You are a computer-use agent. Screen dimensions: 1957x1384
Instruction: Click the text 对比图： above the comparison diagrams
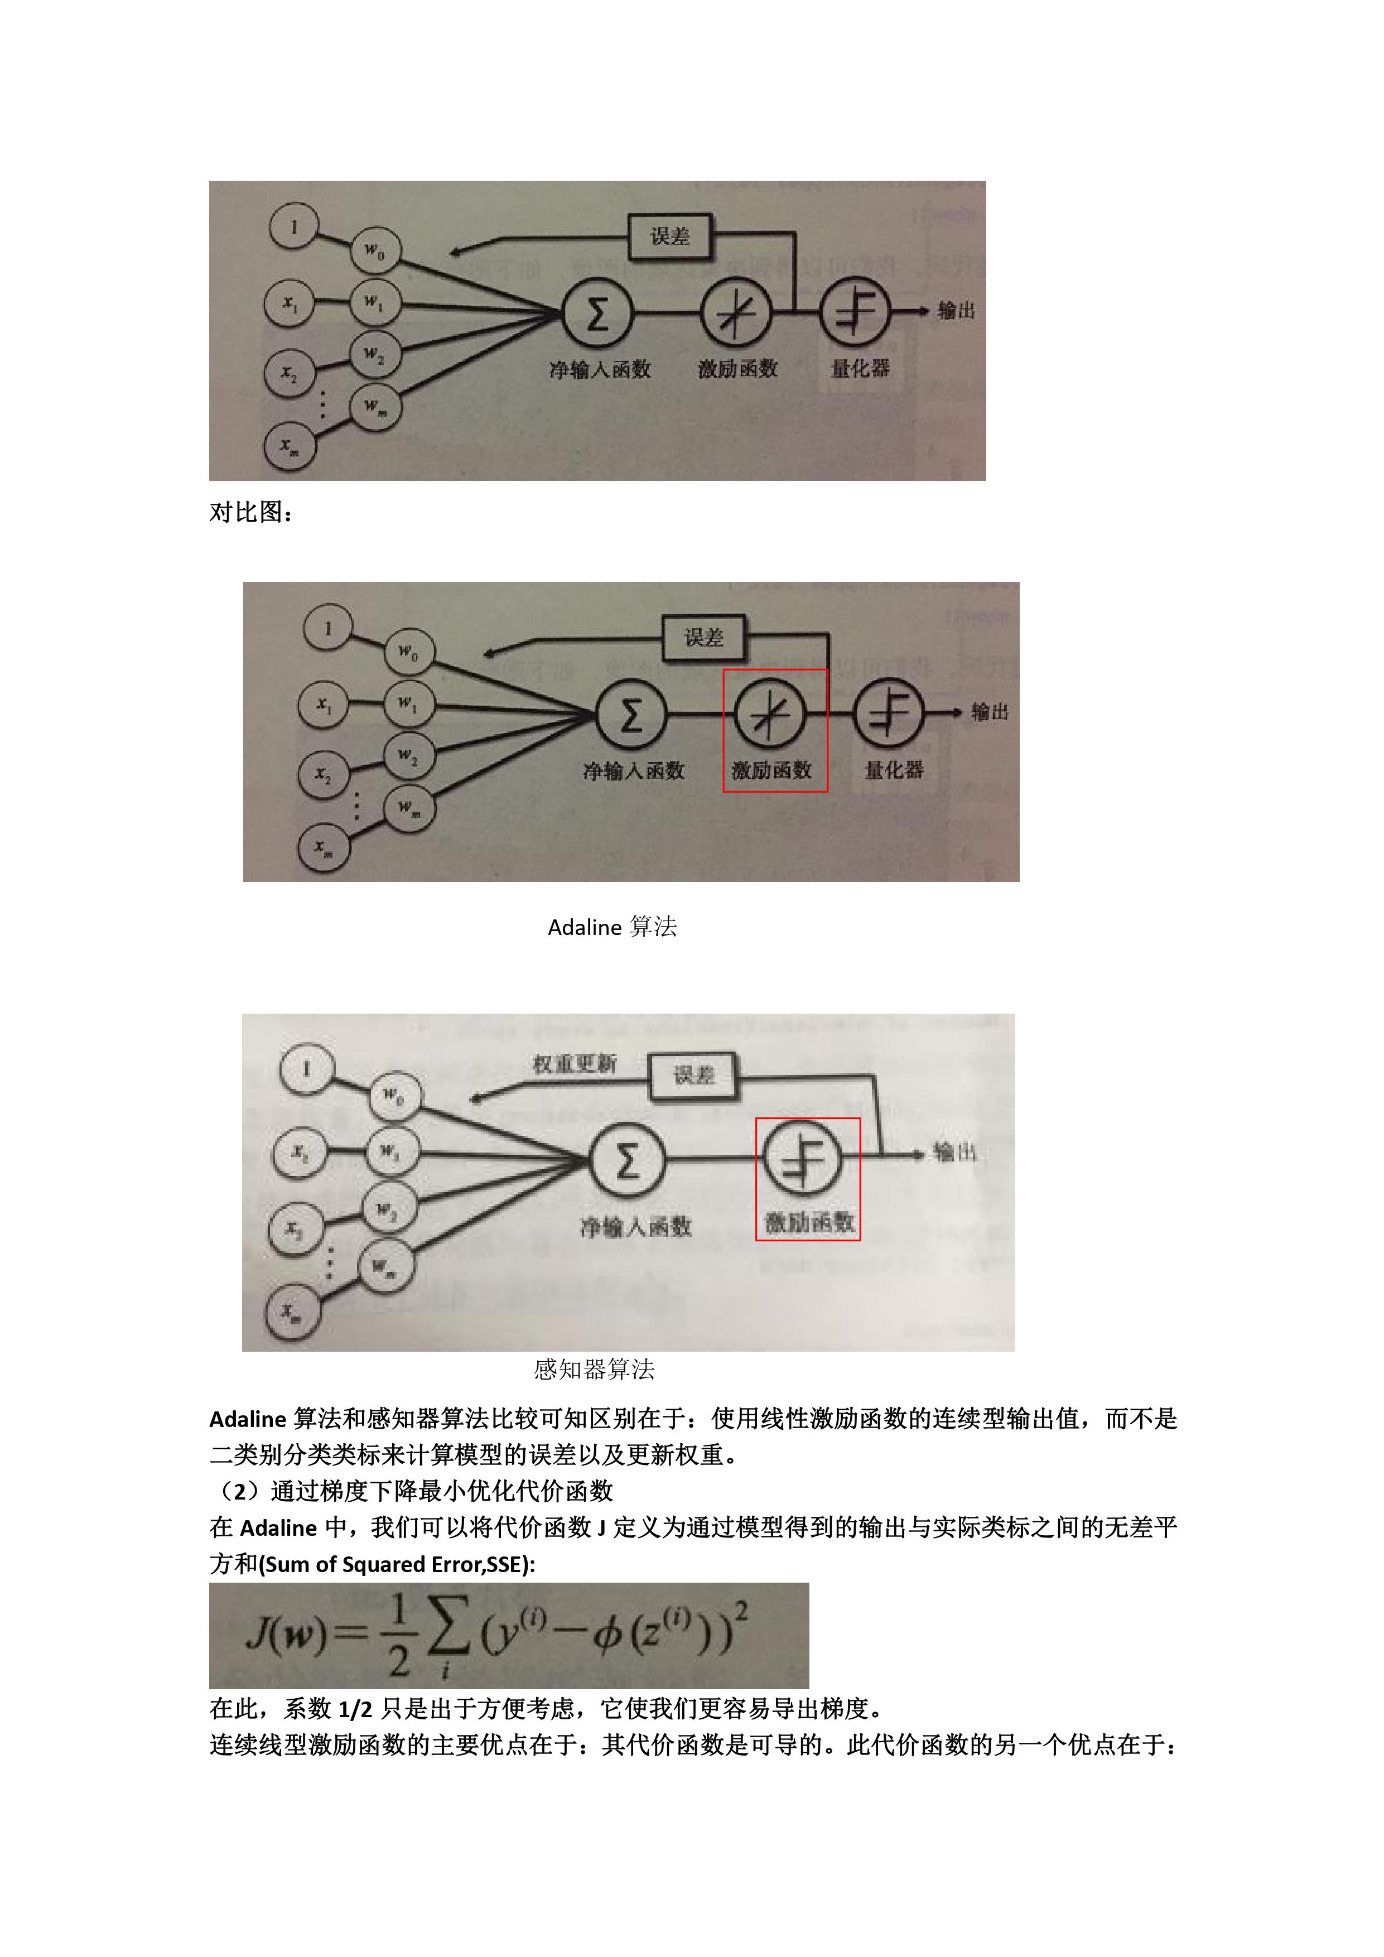pyautogui.click(x=252, y=512)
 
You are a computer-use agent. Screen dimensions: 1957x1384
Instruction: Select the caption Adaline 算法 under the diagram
pyautogui.click(x=612, y=927)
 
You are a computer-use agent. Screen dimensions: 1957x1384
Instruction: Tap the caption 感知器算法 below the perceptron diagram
pyautogui.click(x=594, y=1370)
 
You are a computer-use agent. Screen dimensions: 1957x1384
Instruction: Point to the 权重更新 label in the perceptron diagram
pyautogui.click(x=573, y=1064)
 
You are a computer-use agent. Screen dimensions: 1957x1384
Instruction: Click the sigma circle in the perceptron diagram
pyautogui.click(x=626, y=1161)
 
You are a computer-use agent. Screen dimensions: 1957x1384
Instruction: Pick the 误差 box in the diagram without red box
pyautogui.click(x=670, y=236)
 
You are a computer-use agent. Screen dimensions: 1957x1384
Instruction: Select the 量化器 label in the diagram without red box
pyautogui.click(x=860, y=368)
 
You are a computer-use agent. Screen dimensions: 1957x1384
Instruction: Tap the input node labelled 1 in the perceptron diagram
pyautogui.click(x=306, y=1069)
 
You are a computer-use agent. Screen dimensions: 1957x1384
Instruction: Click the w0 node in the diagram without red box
pyautogui.click(x=375, y=252)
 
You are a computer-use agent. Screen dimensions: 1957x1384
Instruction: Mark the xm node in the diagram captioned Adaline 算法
pyautogui.click(x=323, y=847)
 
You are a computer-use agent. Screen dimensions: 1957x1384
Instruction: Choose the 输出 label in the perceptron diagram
pyautogui.click(x=954, y=1153)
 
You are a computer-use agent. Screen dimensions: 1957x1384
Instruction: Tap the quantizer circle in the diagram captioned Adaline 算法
pyautogui.click(x=889, y=712)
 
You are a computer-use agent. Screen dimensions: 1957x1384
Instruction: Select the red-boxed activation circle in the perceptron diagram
pyautogui.click(x=803, y=1158)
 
